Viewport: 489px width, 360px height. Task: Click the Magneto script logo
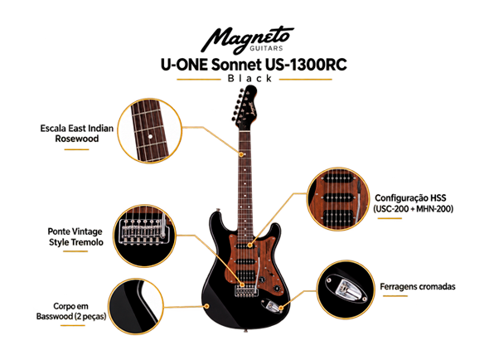[246, 39]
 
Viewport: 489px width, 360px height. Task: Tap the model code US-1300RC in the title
[306, 65]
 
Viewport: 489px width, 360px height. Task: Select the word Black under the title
[249, 78]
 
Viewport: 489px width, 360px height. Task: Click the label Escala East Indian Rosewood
[77, 134]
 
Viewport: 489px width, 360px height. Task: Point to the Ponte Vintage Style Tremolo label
[75, 236]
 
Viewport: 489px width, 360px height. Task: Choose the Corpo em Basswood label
[71, 311]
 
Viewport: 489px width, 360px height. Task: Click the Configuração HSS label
[413, 203]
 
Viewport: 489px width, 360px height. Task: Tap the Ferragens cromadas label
[418, 286]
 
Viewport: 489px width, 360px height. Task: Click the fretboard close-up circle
[150, 131]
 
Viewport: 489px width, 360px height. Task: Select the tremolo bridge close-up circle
[145, 236]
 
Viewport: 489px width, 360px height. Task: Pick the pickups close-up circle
[338, 199]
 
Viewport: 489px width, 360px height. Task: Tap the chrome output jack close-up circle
[346, 289]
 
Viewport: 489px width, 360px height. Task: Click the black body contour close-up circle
[136, 306]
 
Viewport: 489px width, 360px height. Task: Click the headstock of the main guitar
[244, 107]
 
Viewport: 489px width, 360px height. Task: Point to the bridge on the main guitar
[246, 290]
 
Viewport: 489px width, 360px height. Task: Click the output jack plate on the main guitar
[272, 306]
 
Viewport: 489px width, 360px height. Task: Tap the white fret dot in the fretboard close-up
[150, 136]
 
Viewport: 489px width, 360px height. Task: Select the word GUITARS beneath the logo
[266, 48]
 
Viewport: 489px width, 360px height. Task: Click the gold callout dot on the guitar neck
[241, 154]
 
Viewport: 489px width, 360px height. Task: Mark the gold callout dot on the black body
[206, 306]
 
